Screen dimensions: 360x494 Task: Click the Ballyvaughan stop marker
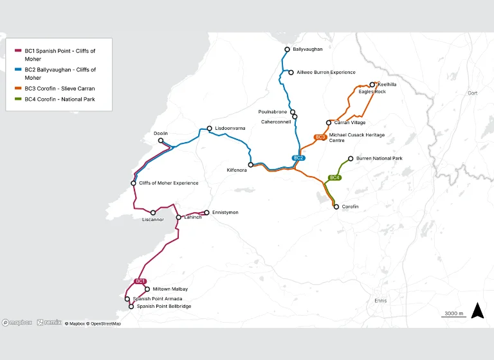point(288,50)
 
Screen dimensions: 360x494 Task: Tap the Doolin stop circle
point(161,141)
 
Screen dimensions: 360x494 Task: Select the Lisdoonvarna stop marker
point(209,129)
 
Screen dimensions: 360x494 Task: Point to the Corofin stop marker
point(336,206)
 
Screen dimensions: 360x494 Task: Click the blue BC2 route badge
point(298,157)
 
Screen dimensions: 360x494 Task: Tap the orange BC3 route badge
point(320,137)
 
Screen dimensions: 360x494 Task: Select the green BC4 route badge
point(334,177)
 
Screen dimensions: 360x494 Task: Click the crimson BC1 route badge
point(141,281)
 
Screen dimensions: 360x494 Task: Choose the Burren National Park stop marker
point(351,158)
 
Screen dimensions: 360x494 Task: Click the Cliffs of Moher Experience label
point(169,183)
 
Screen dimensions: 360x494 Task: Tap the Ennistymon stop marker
point(206,212)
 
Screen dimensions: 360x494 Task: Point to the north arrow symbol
point(477,310)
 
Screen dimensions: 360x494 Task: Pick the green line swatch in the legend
point(18,99)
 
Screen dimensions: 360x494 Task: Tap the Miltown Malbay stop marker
point(147,289)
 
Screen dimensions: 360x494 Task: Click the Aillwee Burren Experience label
point(325,73)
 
